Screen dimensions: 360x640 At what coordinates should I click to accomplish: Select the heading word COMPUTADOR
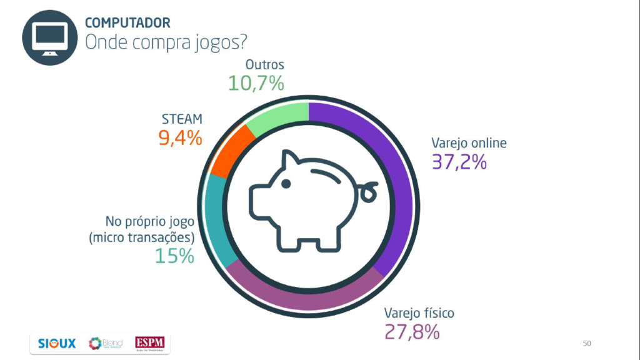[127, 23]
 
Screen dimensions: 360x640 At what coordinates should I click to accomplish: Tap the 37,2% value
[459, 162]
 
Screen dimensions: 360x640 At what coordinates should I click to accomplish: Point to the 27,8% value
[412, 331]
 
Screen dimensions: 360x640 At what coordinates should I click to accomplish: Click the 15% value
[174, 256]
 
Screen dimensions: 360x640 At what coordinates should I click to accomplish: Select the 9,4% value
[180, 138]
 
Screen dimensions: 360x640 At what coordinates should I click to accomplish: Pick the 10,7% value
[256, 82]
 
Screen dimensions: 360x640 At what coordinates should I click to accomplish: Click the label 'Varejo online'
[469, 142]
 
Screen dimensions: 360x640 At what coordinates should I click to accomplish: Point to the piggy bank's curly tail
[368, 191]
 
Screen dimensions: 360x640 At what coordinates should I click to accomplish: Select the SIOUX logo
[57, 343]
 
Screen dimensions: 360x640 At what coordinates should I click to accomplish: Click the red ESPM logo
[151, 343]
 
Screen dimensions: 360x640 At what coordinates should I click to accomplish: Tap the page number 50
[586, 343]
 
